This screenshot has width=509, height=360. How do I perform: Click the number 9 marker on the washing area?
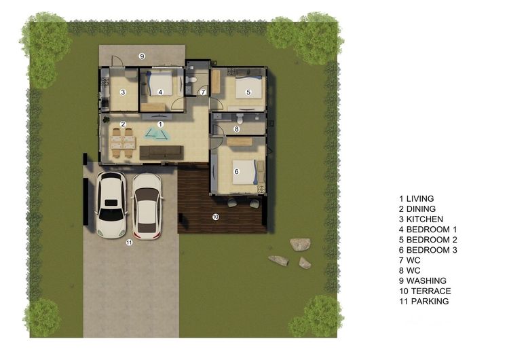(x=142, y=56)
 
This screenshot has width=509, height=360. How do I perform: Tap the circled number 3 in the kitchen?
(x=123, y=92)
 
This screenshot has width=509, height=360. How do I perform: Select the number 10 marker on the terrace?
(x=216, y=217)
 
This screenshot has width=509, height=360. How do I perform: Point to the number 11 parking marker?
(x=129, y=242)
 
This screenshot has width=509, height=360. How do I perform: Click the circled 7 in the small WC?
(x=203, y=92)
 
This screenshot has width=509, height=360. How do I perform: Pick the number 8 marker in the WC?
(x=237, y=129)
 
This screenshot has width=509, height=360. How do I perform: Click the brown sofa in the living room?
(x=162, y=153)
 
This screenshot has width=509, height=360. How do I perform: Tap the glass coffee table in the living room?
(x=157, y=134)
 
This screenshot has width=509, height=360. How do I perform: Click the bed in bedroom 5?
(x=248, y=87)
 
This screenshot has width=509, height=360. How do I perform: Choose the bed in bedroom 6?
(x=244, y=172)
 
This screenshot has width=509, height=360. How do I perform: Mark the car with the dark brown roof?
(x=147, y=206)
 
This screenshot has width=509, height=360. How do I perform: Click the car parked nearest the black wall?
(x=111, y=204)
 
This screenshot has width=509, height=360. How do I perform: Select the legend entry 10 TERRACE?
(x=425, y=291)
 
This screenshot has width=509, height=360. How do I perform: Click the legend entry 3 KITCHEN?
(x=421, y=219)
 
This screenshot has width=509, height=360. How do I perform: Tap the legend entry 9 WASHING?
(x=423, y=281)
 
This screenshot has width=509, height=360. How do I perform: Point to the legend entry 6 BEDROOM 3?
(x=428, y=250)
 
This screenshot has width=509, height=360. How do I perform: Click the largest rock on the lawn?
(x=300, y=245)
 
